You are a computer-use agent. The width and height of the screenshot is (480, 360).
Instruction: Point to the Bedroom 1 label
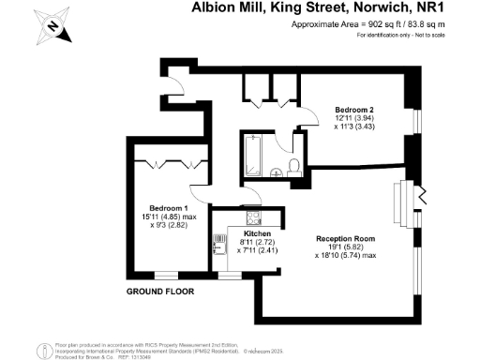coord(169,208)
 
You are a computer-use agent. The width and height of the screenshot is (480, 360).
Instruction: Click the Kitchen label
coord(257,233)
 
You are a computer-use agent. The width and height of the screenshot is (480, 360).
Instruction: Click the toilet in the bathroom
coord(293,166)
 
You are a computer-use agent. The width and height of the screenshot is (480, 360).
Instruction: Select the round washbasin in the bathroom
coord(273,171)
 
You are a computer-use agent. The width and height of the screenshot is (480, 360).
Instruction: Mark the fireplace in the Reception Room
coord(406,199)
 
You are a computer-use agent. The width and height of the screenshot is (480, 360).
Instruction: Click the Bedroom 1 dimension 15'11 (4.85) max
coord(169,217)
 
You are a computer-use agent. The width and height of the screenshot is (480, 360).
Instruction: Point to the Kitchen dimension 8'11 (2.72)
coord(257,242)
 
